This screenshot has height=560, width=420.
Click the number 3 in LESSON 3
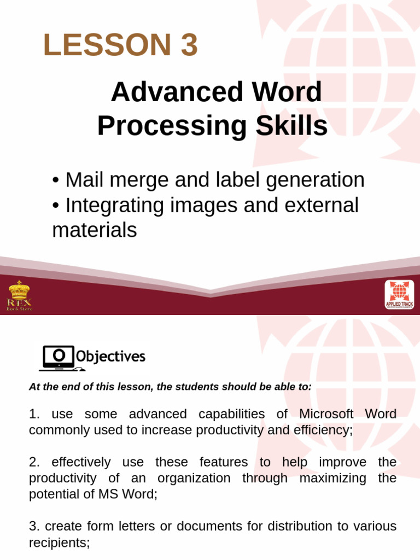pyautogui.click(x=187, y=45)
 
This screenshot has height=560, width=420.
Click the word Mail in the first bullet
pyautogui.click(x=84, y=180)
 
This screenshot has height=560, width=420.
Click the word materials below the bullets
pyautogui.click(x=94, y=230)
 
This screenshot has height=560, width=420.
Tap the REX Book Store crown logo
pyautogui.click(x=19, y=295)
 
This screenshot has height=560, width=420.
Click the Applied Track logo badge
pyautogui.click(x=399, y=295)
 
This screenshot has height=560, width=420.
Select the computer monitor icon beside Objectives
pyautogui.click(x=57, y=358)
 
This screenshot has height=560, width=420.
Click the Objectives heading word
pyautogui.click(x=110, y=357)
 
